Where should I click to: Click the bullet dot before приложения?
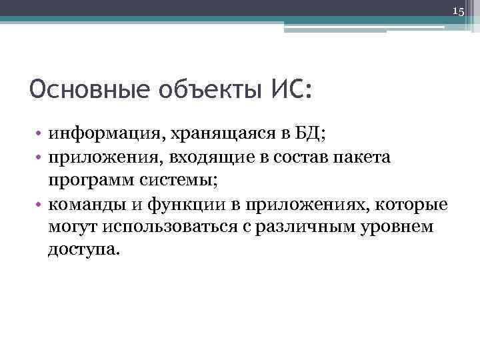pyautogui.click(x=40, y=157)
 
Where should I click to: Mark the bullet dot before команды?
pyautogui.click(x=40, y=203)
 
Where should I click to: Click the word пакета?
pyautogui.click(x=367, y=157)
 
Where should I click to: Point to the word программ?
pyautogui.click(x=83, y=180)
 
